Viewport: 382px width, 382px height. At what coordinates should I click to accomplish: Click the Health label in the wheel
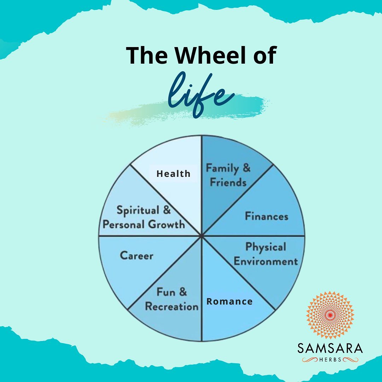coord(173,174)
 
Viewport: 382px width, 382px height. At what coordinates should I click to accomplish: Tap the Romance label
coord(229,301)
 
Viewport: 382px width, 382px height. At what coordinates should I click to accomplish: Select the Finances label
coord(267,216)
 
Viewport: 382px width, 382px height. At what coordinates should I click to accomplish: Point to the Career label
coord(137,256)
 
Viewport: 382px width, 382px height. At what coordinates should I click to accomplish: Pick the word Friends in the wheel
coord(228,182)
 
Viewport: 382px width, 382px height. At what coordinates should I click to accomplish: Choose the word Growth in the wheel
coord(166,224)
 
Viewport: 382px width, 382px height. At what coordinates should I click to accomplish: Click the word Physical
coord(266,247)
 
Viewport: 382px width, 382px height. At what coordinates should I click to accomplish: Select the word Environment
coord(266,261)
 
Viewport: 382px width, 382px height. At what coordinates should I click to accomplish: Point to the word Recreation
coord(172,306)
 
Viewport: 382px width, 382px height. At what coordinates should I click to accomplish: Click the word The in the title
coord(147,55)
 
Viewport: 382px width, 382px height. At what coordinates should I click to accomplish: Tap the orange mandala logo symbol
coord(330,315)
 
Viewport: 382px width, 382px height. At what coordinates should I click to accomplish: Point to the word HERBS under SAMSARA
coord(330,360)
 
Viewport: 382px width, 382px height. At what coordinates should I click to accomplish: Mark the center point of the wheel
coord(202,236)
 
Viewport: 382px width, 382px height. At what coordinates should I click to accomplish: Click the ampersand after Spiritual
coord(167,210)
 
